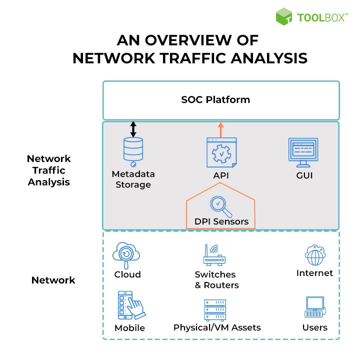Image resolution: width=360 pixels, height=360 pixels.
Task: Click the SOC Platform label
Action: point(215,99)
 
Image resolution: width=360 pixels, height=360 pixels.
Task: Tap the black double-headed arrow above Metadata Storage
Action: point(133,129)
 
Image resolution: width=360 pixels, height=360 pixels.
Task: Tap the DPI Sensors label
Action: point(221,221)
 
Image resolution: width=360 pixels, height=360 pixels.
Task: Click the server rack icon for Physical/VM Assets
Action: point(215,310)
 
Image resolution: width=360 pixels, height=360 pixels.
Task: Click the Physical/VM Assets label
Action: point(217,328)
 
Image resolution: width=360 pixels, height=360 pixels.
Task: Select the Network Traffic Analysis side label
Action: point(49,170)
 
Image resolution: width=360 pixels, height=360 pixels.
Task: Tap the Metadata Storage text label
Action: point(133,179)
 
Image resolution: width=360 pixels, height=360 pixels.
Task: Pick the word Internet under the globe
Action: point(314,273)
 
